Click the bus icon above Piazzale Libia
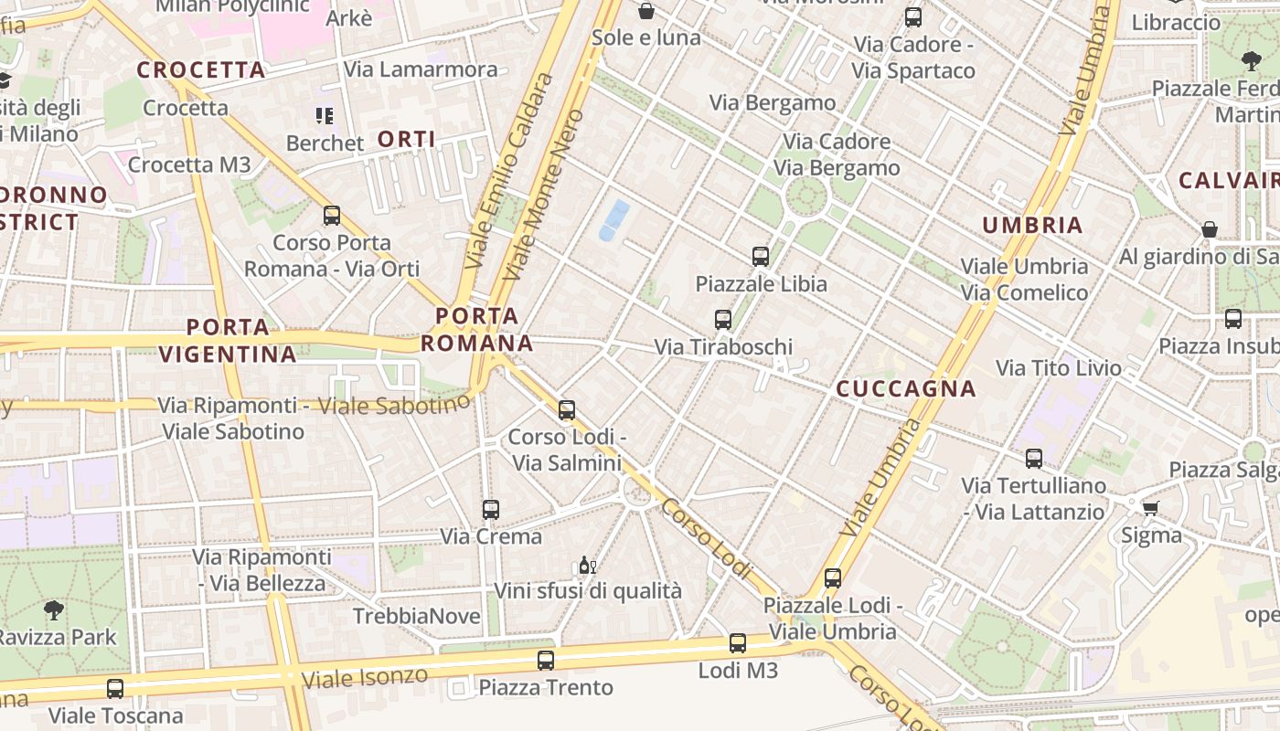[760, 256]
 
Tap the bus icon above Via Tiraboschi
[723, 320]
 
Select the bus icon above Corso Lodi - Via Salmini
[567, 410]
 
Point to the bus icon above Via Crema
[491, 510]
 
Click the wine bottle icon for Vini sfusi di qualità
[587, 566]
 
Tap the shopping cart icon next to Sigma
[1150, 507]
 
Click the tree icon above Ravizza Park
[54, 609]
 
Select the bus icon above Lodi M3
[738, 643]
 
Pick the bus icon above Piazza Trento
[546, 660]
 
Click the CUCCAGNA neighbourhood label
[906, 389]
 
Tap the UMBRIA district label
[1032, 226]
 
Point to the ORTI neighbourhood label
[407, 140]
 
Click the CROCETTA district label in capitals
[201, 70]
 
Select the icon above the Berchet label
[325, 116]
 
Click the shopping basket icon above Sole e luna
[646, 11]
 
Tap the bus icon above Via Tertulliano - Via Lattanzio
[1034, 459]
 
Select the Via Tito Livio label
[1059, 368]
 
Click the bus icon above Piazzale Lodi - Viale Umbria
[832, 577]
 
